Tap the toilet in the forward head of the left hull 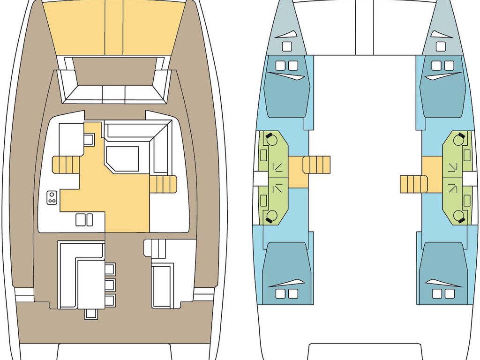point(270,139)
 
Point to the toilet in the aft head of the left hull point(270,216)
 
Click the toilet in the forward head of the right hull point(460,139)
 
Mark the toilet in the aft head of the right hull point(460,216)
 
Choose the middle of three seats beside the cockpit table point(110,285)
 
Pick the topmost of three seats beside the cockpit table point(110,269)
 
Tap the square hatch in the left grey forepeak point(287,46)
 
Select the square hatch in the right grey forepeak point(441,46)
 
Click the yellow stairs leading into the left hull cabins point(317,165)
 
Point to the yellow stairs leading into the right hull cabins point(413,184)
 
